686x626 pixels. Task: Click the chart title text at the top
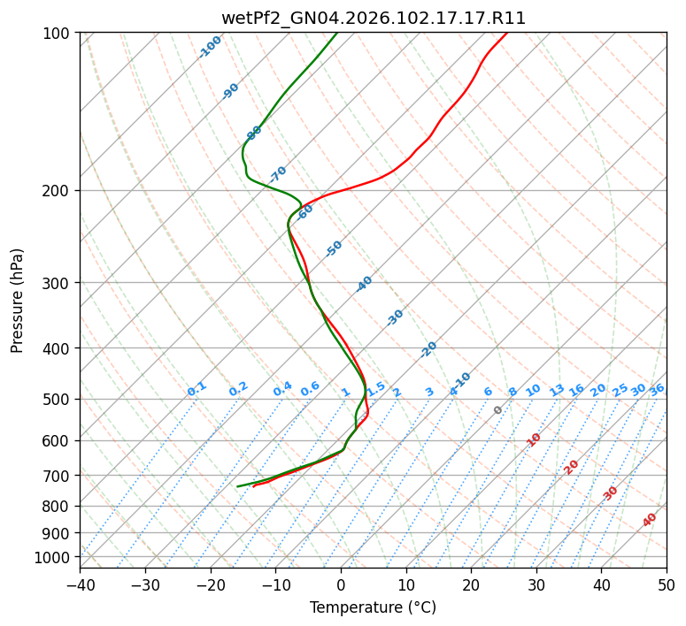coord(373,19)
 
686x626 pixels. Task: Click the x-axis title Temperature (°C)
coord(373,608)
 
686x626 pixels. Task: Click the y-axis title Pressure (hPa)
coord(17,300)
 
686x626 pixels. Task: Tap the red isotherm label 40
coord(650,520)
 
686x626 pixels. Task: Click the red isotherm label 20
coord(572,466)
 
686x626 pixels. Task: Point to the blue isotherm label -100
coord(211,47)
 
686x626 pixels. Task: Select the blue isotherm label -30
coord(395,317)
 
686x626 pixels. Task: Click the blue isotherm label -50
coord(334,248)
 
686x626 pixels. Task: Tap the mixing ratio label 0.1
coord(197,389)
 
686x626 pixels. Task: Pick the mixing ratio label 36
coord(657,389)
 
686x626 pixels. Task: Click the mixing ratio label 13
coord(557,390)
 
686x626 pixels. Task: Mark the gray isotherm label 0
coord(498,410)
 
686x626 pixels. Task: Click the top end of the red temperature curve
coord(506,34)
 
